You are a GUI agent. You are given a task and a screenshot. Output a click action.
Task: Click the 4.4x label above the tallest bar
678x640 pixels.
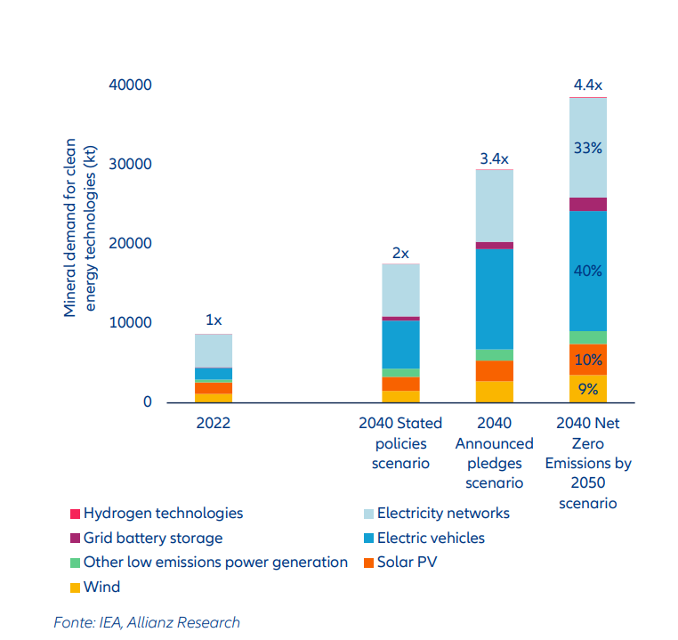[x=588, y=85]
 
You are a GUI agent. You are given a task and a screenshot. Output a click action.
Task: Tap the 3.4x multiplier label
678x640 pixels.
[x=494, y=159]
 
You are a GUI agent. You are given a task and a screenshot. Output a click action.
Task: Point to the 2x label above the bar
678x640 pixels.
[x=400, y=254]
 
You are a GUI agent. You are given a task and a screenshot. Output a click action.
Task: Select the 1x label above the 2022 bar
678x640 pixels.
[x=214, y=320]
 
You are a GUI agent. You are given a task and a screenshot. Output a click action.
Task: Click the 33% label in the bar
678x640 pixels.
[x=588, y=149]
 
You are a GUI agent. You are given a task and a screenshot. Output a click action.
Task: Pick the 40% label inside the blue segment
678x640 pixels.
[x=588, y=271]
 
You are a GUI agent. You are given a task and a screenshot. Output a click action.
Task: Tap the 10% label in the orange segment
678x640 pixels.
[x=588, y=361]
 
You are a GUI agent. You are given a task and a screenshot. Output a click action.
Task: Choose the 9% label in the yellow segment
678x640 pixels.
[x=588, y=388]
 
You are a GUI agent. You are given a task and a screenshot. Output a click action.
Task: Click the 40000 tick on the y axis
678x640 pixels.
[x=131, y=85]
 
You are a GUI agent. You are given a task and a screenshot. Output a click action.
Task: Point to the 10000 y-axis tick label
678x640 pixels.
[x=131, y=323]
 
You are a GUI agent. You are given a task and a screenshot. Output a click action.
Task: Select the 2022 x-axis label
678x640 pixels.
[x=214, y=424]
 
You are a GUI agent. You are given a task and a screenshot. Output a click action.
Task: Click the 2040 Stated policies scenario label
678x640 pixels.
[x=400, y=443]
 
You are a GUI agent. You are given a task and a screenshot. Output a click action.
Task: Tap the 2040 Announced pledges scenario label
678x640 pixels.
[x=494, y=453]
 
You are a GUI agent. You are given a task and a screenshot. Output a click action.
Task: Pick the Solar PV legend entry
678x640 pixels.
[x=407, y=562]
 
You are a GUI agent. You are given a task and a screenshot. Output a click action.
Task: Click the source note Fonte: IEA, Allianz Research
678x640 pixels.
[x=147, y=622]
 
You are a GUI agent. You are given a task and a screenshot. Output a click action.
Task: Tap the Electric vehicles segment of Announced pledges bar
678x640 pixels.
[x=494, y=298]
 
